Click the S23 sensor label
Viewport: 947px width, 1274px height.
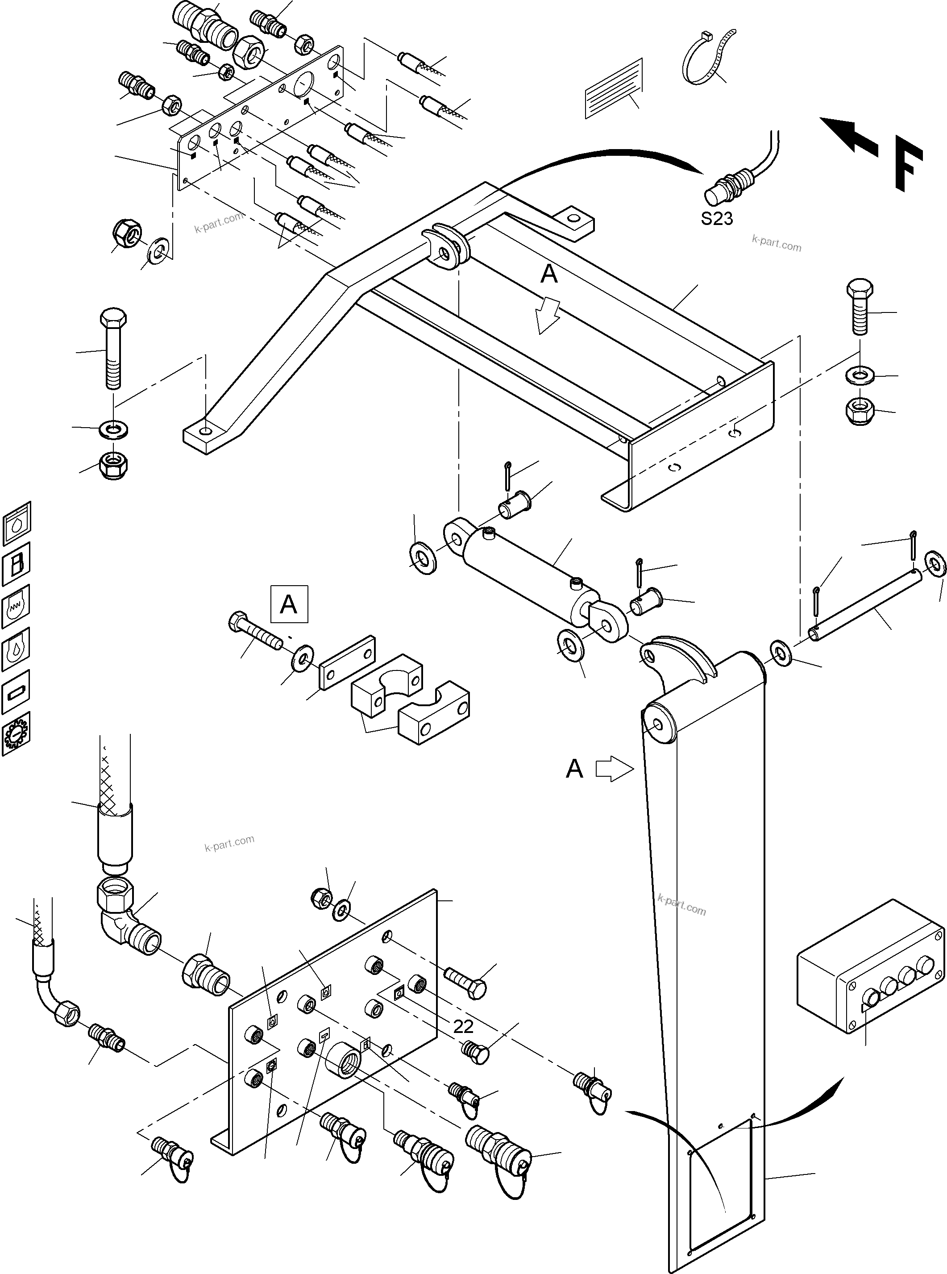(717, 218)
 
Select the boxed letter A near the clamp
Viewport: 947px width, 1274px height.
(289, 604)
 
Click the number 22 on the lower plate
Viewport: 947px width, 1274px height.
(463, 1026)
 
